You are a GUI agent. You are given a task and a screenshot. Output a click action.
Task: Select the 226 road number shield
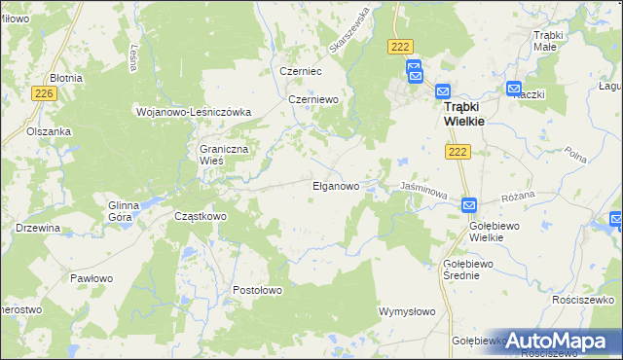(42, 93)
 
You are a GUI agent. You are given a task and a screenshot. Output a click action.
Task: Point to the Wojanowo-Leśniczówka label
(193, 112)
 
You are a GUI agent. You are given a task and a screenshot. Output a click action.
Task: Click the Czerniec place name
(300, 71)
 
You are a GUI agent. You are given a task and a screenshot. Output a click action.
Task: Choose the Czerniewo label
(312, 99)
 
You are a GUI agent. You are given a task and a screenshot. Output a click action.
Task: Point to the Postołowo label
(257, 290)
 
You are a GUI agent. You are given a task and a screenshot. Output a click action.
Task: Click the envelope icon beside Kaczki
(514, 89)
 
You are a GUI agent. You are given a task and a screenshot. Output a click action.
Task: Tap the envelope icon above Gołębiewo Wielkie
(468, 206)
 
